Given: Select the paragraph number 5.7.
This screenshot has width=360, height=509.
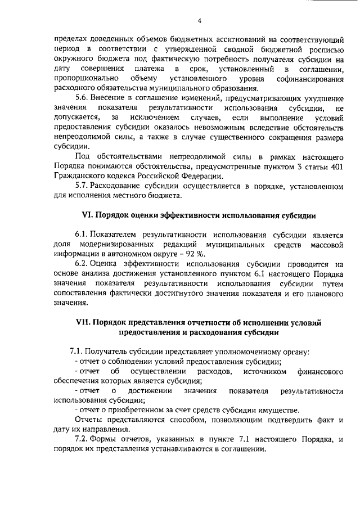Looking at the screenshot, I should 82,186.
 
